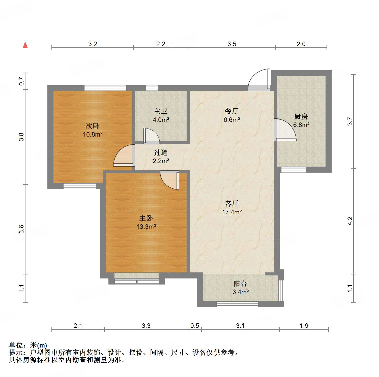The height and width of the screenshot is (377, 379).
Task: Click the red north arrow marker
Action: [25, 45]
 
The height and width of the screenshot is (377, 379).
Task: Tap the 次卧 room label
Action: [93, 126]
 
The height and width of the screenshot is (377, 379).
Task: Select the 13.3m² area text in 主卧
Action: [146, 227]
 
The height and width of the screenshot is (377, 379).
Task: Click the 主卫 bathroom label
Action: [161, 111]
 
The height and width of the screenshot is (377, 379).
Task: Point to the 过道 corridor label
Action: [161, 152]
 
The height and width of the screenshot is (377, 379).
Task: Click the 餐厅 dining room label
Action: [231, 111]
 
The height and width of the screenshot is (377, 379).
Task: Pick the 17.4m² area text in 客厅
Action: [232, 212]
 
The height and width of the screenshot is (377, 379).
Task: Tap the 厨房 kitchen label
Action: [301, 116]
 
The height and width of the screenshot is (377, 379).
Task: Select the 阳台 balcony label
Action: [240, 284]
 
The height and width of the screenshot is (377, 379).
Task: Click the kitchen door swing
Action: [284, 130]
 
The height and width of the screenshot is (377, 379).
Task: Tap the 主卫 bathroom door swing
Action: [151, 136]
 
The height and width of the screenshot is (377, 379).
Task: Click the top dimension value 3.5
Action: [231, 44]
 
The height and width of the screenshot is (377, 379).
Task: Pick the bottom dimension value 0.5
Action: [194, 326]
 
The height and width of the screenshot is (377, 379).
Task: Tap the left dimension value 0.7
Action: [22, 81]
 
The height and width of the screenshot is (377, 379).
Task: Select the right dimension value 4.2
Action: [350, 221]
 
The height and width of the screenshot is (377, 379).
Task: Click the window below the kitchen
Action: [294, 170]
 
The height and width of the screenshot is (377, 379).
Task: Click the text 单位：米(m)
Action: [28, 345]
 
